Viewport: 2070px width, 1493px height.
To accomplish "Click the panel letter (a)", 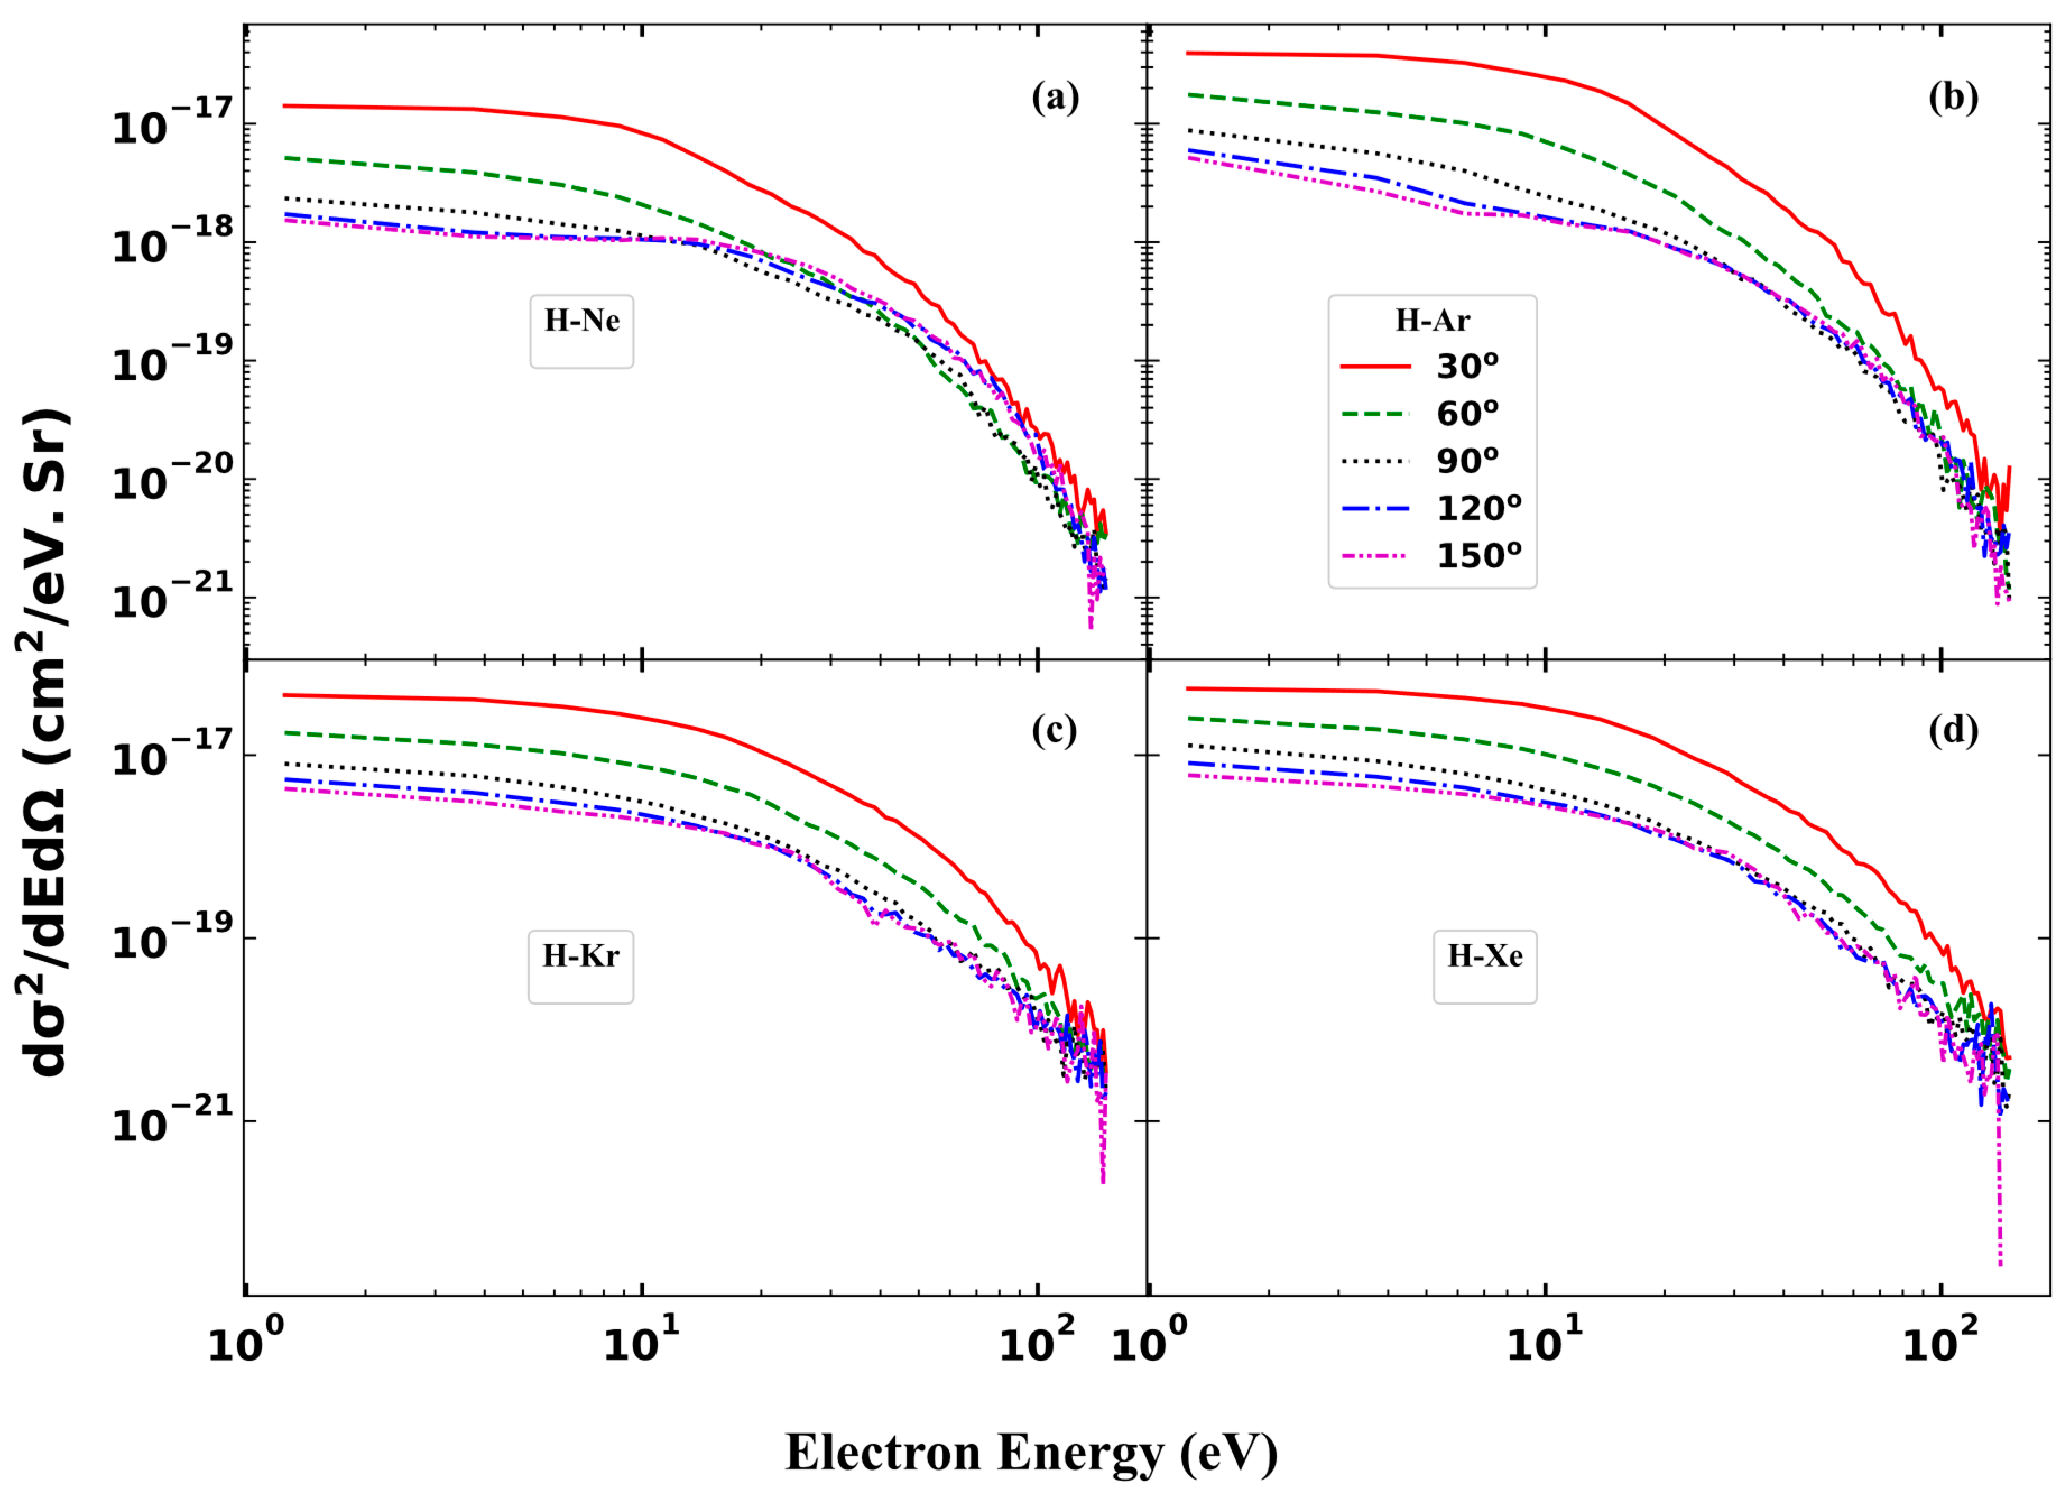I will [x=1055, y=97].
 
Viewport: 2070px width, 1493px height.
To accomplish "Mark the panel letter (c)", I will [x=1054, y=730].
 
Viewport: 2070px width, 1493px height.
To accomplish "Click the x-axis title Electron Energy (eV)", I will [x=1031, y=1452].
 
